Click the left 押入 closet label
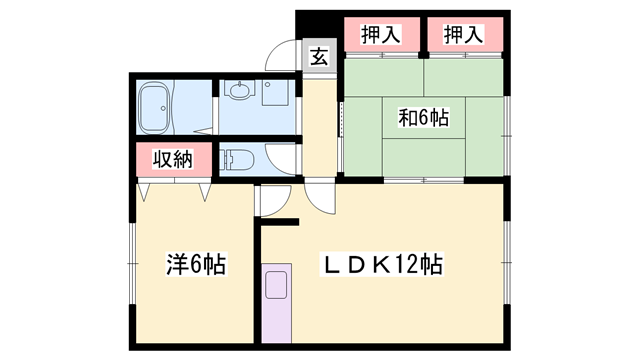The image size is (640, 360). [380, 33]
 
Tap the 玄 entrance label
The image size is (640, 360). [318, 57]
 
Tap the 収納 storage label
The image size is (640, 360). [174, 160]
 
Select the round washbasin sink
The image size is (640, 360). [239, 93]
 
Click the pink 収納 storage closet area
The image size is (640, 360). [174, 160]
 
